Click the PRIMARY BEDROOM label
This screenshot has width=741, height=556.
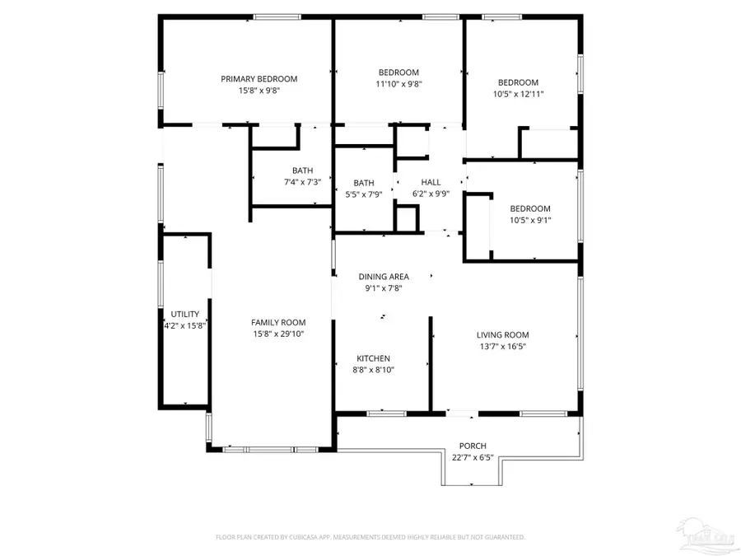coord(259,79)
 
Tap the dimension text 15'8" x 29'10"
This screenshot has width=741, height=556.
coord(278,334)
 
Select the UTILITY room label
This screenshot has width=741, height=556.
coord(185,314)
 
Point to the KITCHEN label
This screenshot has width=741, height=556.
coord(373,358)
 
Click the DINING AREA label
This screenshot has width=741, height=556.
coord(384,277)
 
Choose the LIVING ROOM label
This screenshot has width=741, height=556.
coord(502,334)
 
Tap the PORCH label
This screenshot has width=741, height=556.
coord(473,446)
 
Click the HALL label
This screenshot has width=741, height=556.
coord(431,182)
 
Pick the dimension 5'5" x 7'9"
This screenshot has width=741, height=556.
coord(364,194)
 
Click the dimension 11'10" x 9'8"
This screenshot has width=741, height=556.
coord(398,83)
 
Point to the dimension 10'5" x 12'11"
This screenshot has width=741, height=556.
coord(518,94)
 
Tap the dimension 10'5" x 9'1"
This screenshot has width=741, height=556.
coord(529,220)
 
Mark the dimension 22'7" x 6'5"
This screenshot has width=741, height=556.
coord(473,457)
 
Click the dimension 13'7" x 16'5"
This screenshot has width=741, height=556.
coord(502,346)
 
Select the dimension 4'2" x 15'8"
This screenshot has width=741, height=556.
coord(185,325)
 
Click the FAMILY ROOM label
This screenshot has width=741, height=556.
coord(278,322)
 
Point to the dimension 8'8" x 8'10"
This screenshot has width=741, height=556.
coord(373,370)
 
